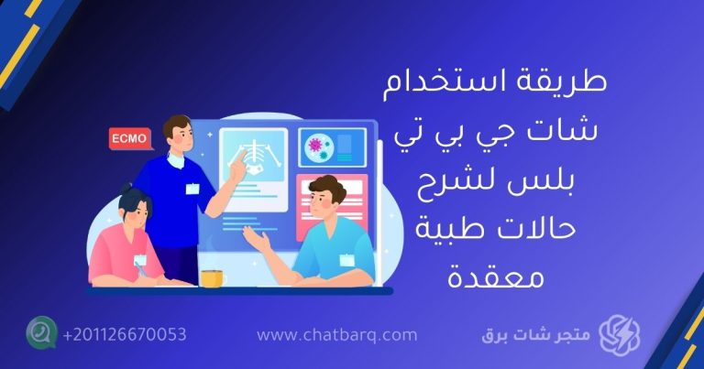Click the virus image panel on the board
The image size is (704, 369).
coord(332,147)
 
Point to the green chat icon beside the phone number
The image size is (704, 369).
coord(41,333)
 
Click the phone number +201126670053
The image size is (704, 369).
coord(125,334)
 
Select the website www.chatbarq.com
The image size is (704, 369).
coord(336,335)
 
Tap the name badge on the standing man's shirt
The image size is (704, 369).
coord(192,189)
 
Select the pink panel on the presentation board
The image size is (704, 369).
coord(332,207)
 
